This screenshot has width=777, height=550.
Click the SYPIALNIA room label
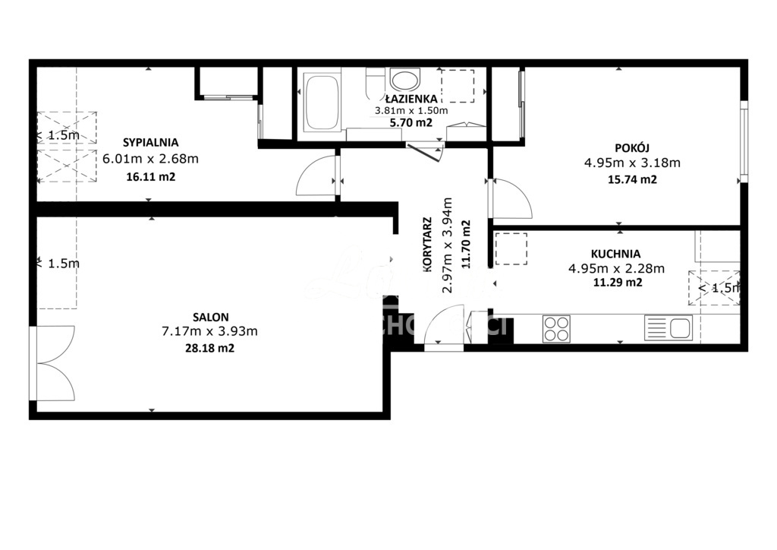point(150,142)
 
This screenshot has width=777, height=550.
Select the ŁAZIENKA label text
point(411,99)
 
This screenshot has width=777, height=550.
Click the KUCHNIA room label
point(615,254)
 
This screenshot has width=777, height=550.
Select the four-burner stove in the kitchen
point(556,328)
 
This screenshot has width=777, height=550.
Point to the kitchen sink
point(668,328)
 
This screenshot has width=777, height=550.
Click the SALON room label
point(211,317)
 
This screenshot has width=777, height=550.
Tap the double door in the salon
point(53,363)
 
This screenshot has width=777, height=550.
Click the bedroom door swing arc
point(314,176)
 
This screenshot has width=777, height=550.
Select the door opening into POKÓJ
point(511,198)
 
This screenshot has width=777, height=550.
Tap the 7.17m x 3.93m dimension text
point(211,331)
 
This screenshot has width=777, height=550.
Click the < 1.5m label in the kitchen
point(718,288)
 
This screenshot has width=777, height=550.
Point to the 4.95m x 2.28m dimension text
point(616,267)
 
